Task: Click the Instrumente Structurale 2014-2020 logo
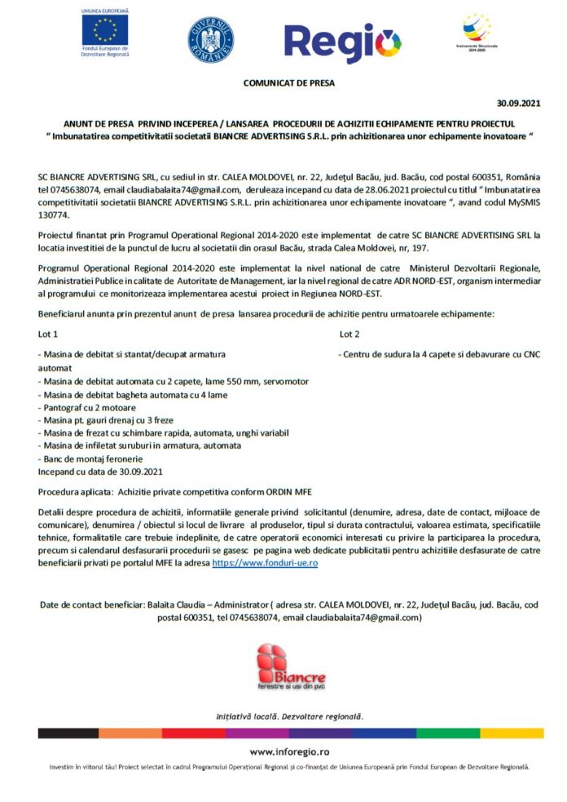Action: [477, 30]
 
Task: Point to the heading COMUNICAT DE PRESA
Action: [288, 82]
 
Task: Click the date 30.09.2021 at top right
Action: [518, 103]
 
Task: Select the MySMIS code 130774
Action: [55, 215]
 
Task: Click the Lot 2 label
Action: [349, 334]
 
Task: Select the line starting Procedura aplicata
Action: [174, 492]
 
